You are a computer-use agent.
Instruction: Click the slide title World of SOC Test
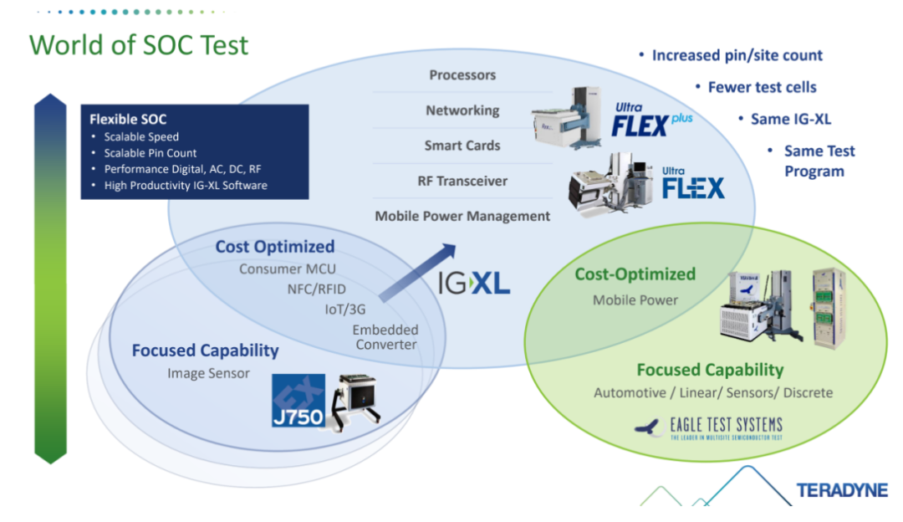point(139,45)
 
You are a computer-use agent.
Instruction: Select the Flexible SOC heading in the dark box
point(128,120)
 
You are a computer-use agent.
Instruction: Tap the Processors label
point(462,75)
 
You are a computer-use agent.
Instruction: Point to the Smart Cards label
point(462,146)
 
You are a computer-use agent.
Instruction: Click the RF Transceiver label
point(462,181)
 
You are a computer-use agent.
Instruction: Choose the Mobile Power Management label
point(462,216)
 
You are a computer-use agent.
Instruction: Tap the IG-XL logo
point(474,283)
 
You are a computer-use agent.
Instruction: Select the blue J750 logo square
point(298,401)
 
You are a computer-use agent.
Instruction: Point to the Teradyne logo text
point(842,490)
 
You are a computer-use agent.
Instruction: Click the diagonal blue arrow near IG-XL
point(417,272)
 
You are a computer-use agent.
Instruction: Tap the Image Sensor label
point(208,373)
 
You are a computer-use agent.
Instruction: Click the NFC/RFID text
point(317,289)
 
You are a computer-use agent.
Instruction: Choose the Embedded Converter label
point(385,337)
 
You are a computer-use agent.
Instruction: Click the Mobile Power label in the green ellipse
point(635,300)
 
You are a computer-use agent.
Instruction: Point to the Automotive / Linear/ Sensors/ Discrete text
point(713,393)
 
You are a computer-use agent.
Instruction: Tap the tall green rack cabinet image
point(829,309)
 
